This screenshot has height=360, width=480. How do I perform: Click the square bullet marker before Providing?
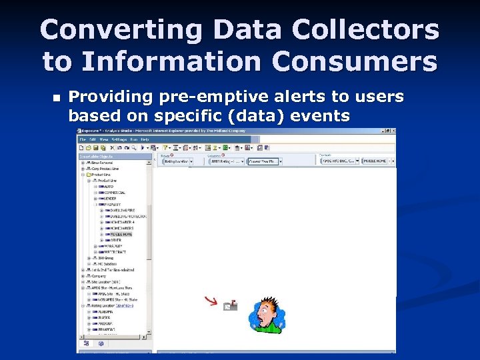click(x=55, y=98)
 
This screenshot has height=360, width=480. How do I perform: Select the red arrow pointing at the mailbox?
click(x=211, y=303)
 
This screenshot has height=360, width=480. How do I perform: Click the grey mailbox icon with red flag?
click(x=230, y=305)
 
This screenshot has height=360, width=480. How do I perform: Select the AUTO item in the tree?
click(x=109, y=186)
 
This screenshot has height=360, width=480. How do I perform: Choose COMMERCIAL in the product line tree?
click(x=114, y=193)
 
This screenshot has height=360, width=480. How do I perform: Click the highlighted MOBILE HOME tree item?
click(x=120, y=234)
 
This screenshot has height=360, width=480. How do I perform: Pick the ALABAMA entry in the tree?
click(x=105, y=312)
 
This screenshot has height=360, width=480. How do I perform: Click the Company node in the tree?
click(x=99, y=276)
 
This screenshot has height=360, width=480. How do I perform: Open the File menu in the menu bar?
click(x=83, y=139)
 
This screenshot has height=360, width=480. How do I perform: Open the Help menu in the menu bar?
click(x=144, y=139)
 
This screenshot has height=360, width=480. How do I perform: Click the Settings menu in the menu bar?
click(x=119, y=139)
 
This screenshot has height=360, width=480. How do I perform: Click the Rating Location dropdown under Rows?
click(x=177, y=161)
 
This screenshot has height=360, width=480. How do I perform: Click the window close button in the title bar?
click(x=391, y=131)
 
